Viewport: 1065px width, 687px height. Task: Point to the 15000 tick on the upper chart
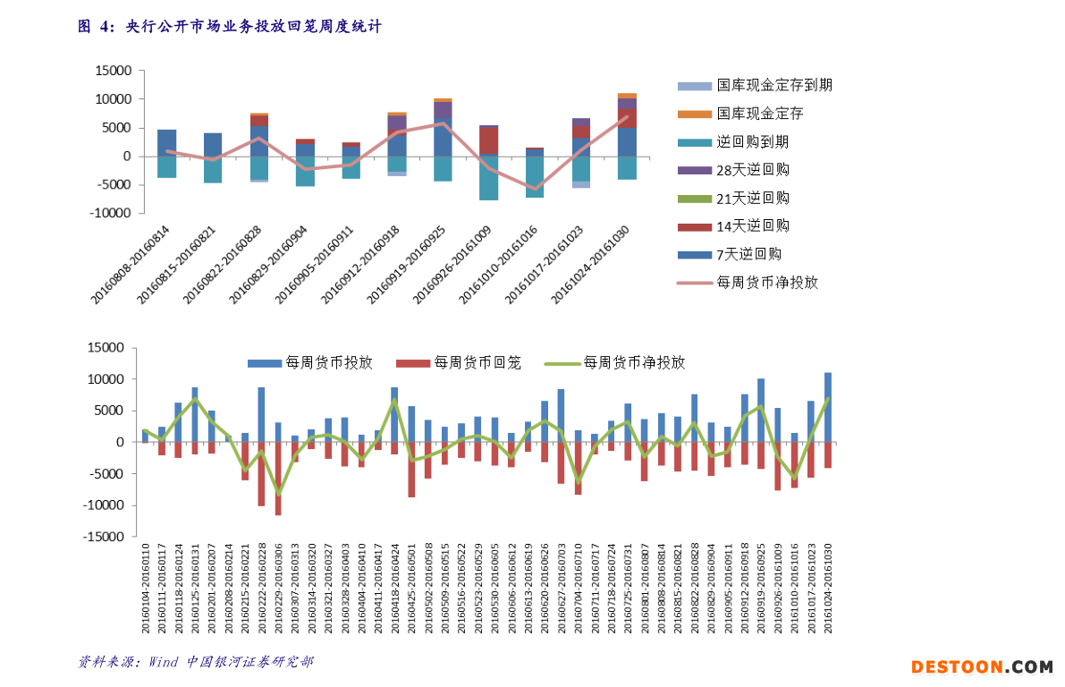click(x=114, y=71)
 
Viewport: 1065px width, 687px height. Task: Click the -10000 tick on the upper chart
click(x=112, y=214)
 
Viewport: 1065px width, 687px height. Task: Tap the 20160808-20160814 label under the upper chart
click(x=131, y=264)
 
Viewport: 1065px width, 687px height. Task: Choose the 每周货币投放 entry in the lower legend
click(x=327, y=363)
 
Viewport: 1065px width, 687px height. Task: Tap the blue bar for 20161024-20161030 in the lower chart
click(x=828, y=407)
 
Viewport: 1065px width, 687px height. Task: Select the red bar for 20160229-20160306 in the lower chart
click(x=278, y=478)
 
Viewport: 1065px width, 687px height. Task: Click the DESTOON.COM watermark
click(x=982, y=667)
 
